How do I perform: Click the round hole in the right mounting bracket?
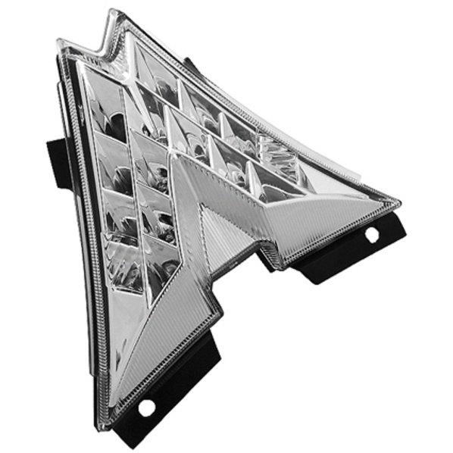pyautogui.click(x=372, y=235)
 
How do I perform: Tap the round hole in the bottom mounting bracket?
pyautogui.click(x=146, y=407)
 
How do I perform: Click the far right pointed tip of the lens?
pyautogui.click(x=398, y=203)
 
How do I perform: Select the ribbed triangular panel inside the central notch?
pyautogui.click(x=227, y=235)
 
